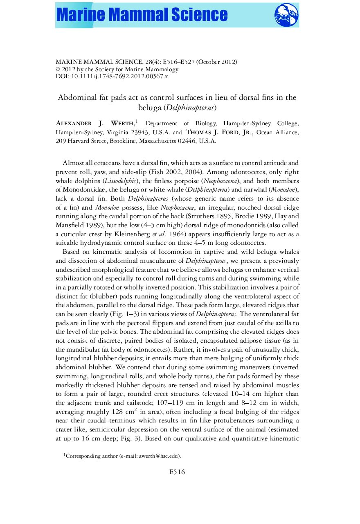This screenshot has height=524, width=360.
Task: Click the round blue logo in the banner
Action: click(286, 15)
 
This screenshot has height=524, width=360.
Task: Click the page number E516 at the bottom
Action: click(177, 472)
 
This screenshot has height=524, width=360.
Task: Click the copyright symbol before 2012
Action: click(58, 69)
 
